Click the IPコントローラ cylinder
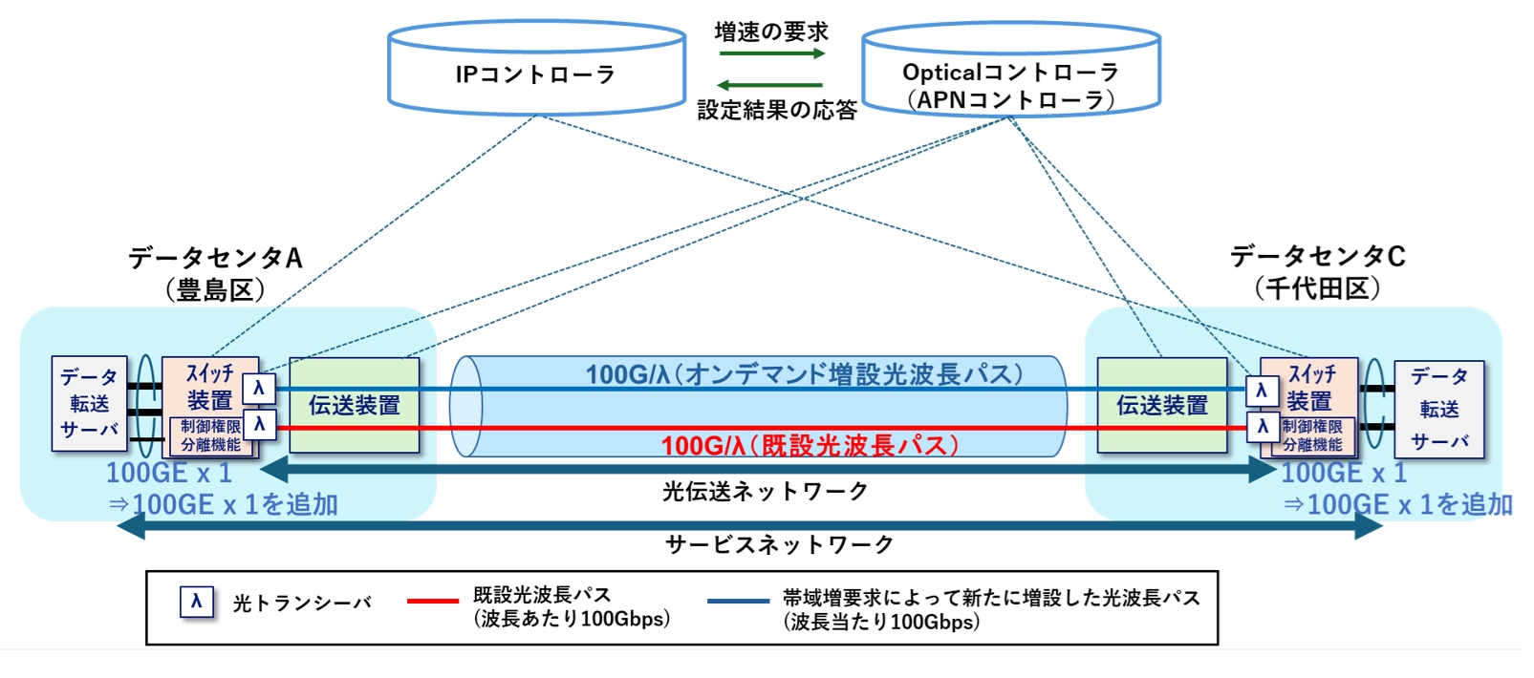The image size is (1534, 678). [x=536, y=74]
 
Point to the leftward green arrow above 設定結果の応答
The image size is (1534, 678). [x=769, y=86]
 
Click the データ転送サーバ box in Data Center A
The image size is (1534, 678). [x=89, y=404]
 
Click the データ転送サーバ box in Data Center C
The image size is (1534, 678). [x=1438, y=409]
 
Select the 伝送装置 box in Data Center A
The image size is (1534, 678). [x=354, y=405]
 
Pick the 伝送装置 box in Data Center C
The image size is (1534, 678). [x=1161, y=405]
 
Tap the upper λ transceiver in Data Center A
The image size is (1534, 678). [x=258, y=389]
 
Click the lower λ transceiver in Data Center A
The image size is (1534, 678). [x=259, y=424]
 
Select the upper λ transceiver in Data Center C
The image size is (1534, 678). [x=1262, y=390]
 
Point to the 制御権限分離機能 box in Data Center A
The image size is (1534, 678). [x=210, y=435]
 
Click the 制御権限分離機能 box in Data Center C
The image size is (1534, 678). [x=1311, y=435]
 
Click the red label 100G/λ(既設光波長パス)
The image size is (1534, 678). [x=809, y=445]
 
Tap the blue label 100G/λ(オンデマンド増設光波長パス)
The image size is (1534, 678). [x=804, y=373]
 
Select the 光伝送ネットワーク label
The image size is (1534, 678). [x=765, y=491]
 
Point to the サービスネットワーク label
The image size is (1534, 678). [x=779, y=544]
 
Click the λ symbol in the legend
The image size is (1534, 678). [x=196, y=602]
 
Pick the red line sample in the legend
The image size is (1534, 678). [x=432, y=602]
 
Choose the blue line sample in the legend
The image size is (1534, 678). [x=737, y=602]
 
